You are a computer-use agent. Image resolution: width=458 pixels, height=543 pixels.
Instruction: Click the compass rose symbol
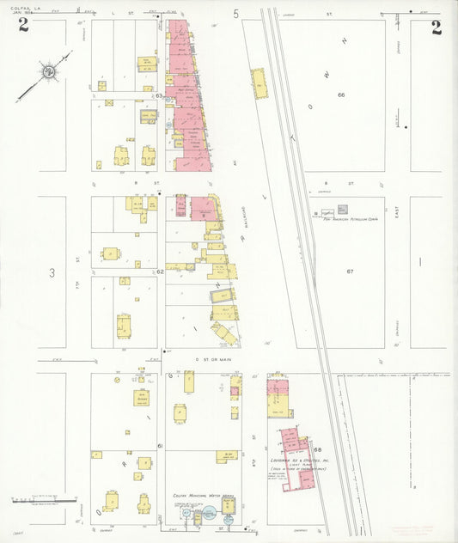pos(50,70)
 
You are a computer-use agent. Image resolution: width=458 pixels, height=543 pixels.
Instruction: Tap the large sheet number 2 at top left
pos(23,25)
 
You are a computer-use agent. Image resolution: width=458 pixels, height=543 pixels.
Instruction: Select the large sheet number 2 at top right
pos(437,26)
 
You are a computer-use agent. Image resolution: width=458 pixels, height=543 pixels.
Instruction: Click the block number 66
pos(341,95)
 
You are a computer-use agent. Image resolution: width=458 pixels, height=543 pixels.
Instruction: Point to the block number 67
pos(350,271)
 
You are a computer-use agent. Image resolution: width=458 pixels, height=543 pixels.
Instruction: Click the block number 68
pos(318,450)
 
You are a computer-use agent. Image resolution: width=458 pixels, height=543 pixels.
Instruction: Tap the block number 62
pos(160,271)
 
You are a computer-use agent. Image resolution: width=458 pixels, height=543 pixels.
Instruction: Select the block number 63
pos(160,96)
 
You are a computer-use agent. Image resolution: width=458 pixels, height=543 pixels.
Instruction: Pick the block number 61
pos(160,448)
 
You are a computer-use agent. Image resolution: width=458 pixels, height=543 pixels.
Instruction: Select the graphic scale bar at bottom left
pos(39,499)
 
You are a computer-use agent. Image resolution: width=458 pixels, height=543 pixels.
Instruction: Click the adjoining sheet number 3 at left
pos(52,273)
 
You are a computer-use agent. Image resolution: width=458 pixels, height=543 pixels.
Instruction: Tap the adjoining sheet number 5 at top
pos(235,14)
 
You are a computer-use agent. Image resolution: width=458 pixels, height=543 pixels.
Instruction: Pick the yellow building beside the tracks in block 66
pos(260,83)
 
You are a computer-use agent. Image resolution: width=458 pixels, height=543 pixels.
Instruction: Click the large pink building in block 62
pos(203,209)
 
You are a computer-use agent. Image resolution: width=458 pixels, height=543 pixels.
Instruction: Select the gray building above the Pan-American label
pos(342,209)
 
